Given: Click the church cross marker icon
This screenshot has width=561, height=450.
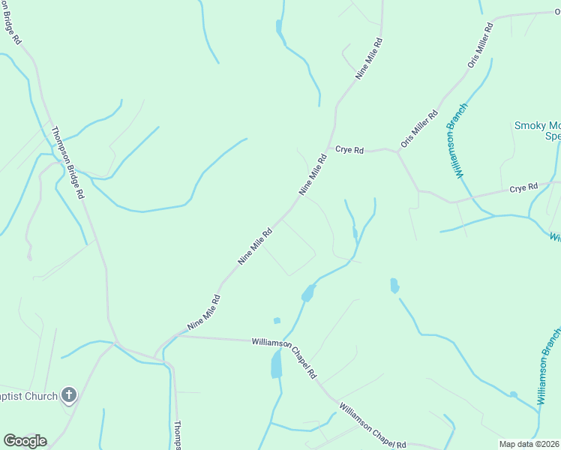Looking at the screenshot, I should (x=68, y=394).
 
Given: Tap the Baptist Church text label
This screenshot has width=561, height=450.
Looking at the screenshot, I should (x=28, y=396).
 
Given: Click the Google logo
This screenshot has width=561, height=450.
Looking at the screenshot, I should (x=25, y=441).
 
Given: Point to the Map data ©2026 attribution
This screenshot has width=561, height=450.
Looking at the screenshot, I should (x=529, y=444).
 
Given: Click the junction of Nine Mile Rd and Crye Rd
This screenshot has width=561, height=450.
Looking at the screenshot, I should (x=329, y=148).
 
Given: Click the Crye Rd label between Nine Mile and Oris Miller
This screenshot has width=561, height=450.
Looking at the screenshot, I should (x=349, y=150).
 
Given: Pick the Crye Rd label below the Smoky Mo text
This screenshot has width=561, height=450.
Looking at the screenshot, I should (x=524, y=187).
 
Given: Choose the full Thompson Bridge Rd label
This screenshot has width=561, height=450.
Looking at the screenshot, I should (x=67, y=162).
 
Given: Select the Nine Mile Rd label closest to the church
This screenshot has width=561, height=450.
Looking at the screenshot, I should (x=204, y=312).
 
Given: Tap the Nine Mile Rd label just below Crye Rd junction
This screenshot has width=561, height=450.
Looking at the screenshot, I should (x=314, y=175).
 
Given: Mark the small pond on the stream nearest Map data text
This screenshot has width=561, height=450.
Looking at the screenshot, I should (x=513, y=394).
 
